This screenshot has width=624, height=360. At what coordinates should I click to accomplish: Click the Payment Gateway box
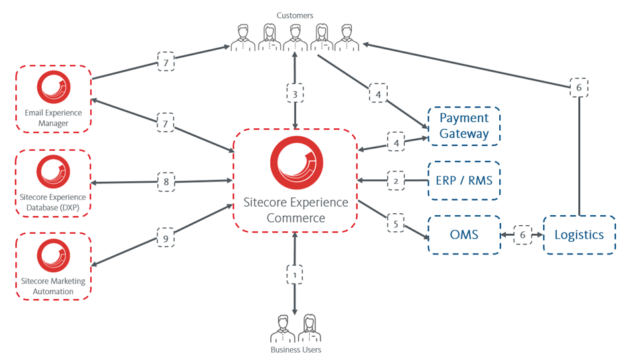(463, 126)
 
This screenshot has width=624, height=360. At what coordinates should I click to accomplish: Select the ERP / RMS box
(463, 181)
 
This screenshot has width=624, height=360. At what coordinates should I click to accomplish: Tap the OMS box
(463, 234)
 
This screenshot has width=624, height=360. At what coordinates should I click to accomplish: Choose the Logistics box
(579, 234)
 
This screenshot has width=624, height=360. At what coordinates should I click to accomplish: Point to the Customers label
(295, 15)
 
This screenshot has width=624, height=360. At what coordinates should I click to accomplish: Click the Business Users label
(295, 349)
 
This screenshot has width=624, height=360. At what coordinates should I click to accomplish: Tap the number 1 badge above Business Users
(295, 273)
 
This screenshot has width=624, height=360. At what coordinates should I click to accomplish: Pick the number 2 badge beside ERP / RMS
(396, 180)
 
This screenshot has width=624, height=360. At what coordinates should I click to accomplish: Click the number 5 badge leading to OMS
(396, 224)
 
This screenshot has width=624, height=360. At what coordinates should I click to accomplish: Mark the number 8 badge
(165, 181)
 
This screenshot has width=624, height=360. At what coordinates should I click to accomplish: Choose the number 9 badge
(165, 235)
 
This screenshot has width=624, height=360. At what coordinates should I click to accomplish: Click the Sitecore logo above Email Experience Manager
(54, 87)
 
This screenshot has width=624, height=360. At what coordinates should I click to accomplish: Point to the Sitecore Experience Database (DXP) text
(54, 203)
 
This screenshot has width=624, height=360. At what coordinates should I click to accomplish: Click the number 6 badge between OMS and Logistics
(522, 234)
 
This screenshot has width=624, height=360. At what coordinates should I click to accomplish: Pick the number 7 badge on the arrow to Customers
(166, 64)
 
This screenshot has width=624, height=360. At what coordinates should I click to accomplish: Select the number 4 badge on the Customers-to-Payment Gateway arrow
(378, 94)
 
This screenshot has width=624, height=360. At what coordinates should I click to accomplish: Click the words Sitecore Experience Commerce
(296, 210)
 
